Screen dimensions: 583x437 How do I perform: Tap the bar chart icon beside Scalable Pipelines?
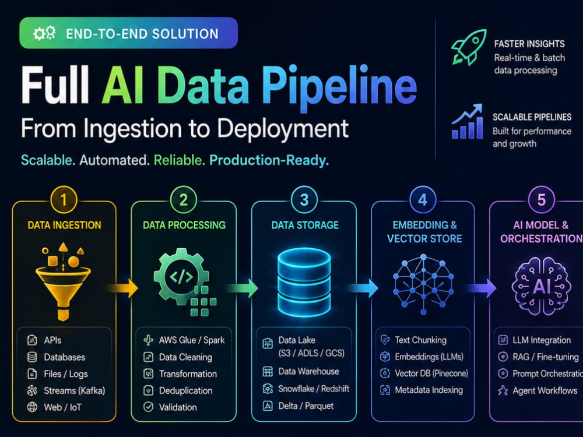pyautogui.click(x=468, y=122)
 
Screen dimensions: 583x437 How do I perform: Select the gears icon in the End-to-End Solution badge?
pyautogui.click(x=44, y=33)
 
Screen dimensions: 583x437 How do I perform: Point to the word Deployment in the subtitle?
pyautogui.click(x=283, y=129)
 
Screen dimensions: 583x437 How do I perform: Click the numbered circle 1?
pyautogui.click(x=64, y=200)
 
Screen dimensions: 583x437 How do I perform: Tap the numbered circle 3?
pyautogui.click(x=304, y=200)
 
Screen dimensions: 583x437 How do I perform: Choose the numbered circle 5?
pyautogui.click(x=542, y=200)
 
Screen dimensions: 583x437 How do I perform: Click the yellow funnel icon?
pyautogui.click(x=63, y=281)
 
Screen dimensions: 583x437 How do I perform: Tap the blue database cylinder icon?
pyautogui.click(x=304, y=282)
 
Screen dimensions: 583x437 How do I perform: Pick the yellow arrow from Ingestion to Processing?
pyautogui.click(x=122, y=288)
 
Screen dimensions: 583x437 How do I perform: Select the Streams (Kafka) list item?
pyautogui.click(x=66, y=390)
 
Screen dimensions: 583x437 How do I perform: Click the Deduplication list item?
pyautogui.click(x=178, y=390)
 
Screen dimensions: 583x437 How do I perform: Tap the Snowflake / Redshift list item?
pyautogui.click(x=305, y=389)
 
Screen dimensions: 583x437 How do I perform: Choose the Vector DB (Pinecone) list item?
pyautogui.click(x=424, y=373)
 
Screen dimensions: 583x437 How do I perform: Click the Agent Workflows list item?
pyautogui.click(x=538, y=390)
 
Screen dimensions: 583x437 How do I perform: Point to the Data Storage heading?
pyautogui.click(x=305, y=225)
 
